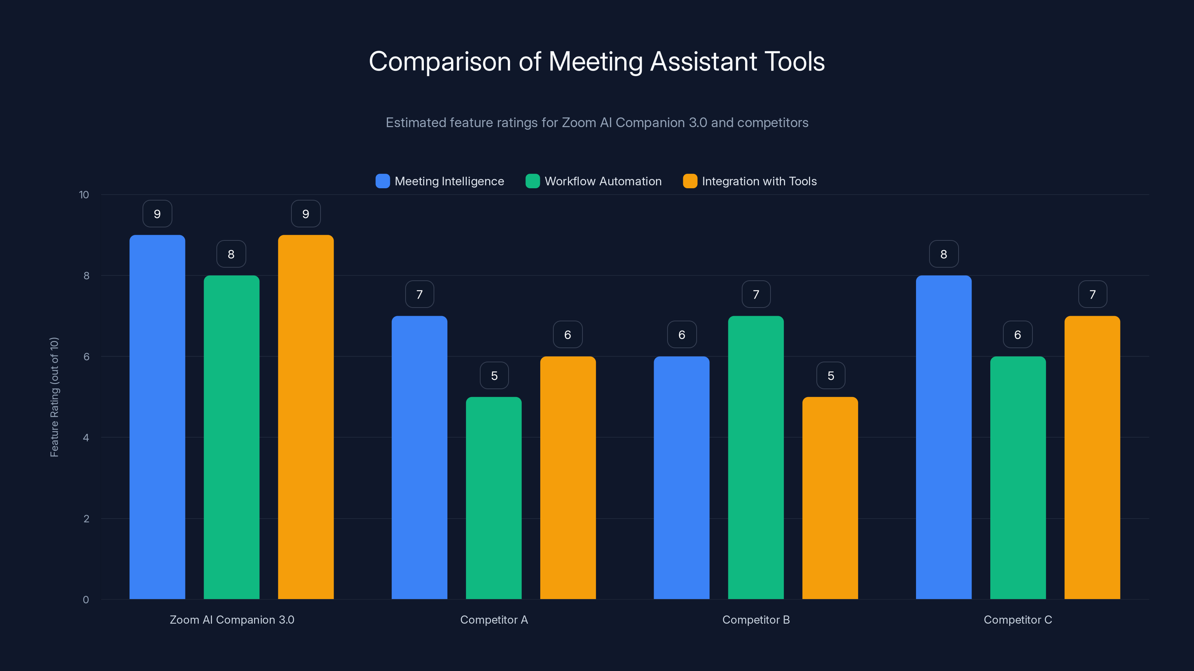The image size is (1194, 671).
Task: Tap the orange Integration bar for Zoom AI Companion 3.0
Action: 306,417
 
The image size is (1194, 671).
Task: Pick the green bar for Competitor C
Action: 1018,478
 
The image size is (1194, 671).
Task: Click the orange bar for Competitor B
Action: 830,498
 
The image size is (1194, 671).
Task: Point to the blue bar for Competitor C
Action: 943,437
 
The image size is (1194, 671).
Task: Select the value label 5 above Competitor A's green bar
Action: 494,375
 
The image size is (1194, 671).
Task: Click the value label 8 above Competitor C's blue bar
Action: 943,254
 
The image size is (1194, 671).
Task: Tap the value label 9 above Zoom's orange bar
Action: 306,214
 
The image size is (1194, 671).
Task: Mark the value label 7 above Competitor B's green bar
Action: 756,294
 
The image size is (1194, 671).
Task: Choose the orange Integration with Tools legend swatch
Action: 690,181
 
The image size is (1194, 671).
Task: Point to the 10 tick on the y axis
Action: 84,195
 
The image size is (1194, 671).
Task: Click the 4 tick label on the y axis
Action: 86,438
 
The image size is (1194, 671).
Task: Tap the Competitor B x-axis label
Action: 756,620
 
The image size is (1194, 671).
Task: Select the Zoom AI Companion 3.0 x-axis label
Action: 232,620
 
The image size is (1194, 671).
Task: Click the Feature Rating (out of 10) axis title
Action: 54,397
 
